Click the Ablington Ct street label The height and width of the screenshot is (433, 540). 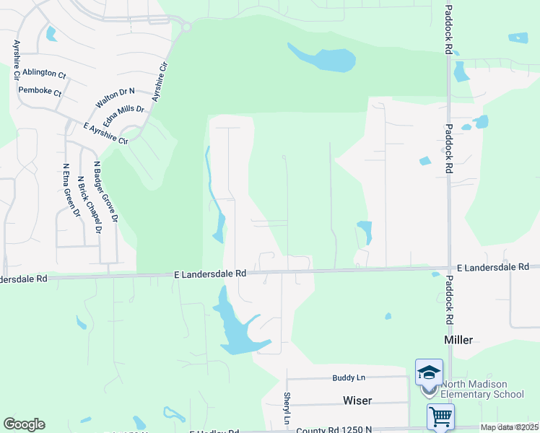pyautogui.click(x=43, y=74)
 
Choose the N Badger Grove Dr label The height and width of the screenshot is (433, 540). pyautogui.click(x=105, y=191)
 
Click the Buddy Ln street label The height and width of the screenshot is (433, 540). pyautogui.click(x=349, y=377)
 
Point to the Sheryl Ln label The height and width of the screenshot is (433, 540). pyautogui.click(x=287, y=408)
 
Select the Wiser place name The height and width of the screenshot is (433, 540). pyautogui.click(x=357, y=399)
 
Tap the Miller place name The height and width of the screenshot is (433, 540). pyautogui.click(x=458, y=339)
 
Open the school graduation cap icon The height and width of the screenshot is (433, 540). pyautogui.click(x=429, y=372)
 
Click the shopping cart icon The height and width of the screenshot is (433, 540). pyautogui.click(x=440, y=416)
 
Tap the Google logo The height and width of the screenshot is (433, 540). pyautogui.click(x=24, y=424)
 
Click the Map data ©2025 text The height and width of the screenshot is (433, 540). pyautogui.click(x=508, y=427)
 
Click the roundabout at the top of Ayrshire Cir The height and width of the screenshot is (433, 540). pyautogui.click(x=186, y=27)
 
